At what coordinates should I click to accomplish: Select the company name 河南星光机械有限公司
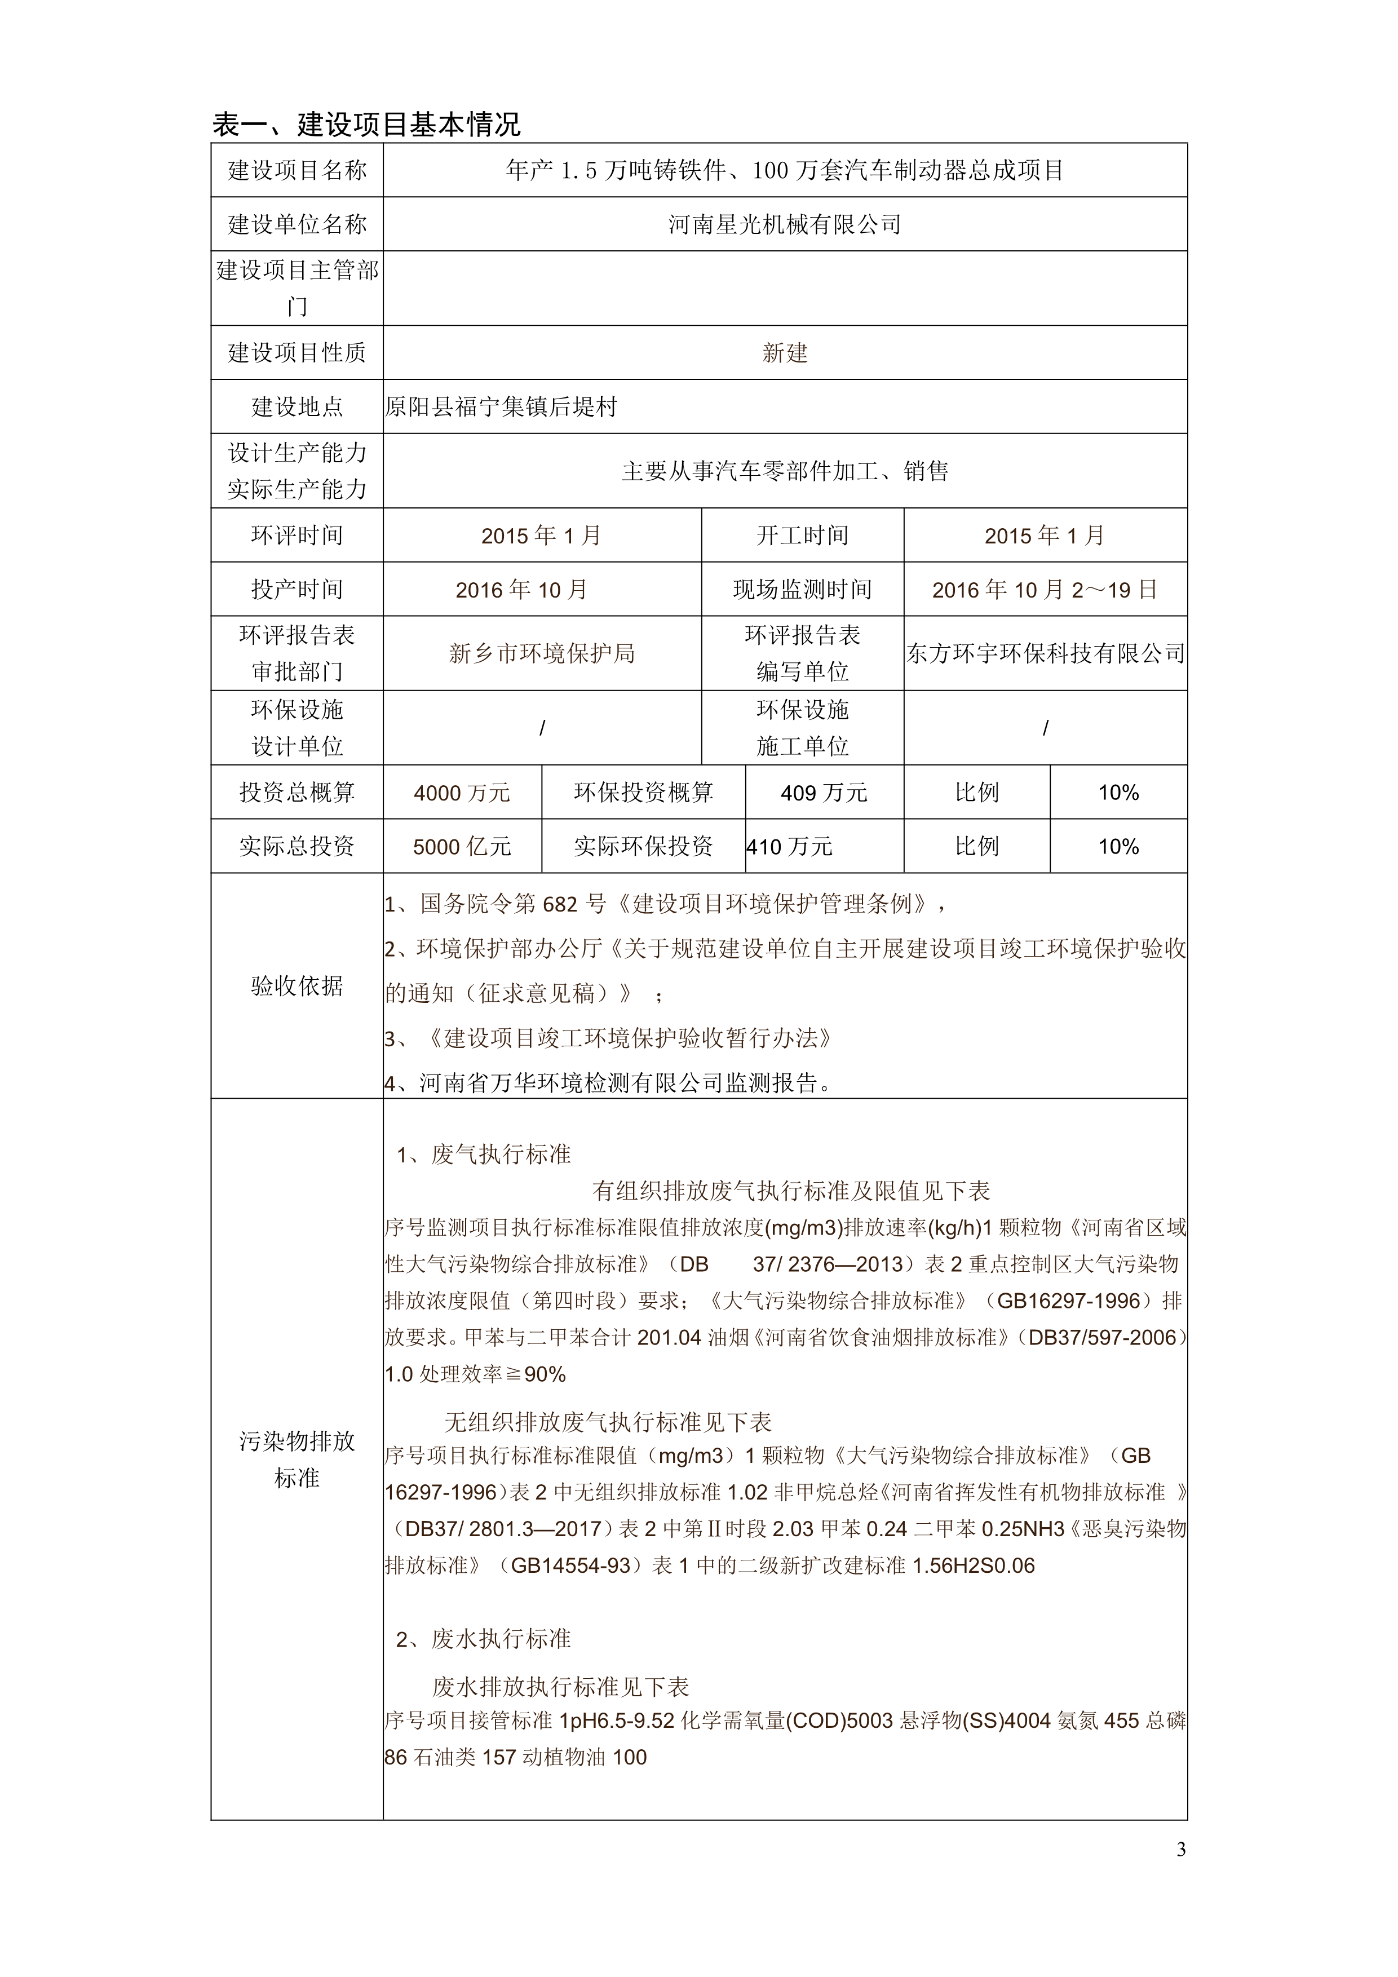pos(784,225)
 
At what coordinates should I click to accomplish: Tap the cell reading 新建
pos(784,353)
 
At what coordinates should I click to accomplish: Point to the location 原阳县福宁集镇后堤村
pos(501,406)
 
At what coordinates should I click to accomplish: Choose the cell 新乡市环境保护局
pos(542,653)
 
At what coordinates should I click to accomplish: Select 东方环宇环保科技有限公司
pos(1045,653)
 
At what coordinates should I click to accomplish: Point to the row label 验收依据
pos(297,986)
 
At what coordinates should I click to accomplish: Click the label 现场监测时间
pos(802,590)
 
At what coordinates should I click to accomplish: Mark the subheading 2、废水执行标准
pos(484,1639)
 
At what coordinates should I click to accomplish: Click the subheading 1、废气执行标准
pos(484,1154)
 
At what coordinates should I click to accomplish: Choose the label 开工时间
pos(802,536)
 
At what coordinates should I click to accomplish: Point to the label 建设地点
pos(297,406)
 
